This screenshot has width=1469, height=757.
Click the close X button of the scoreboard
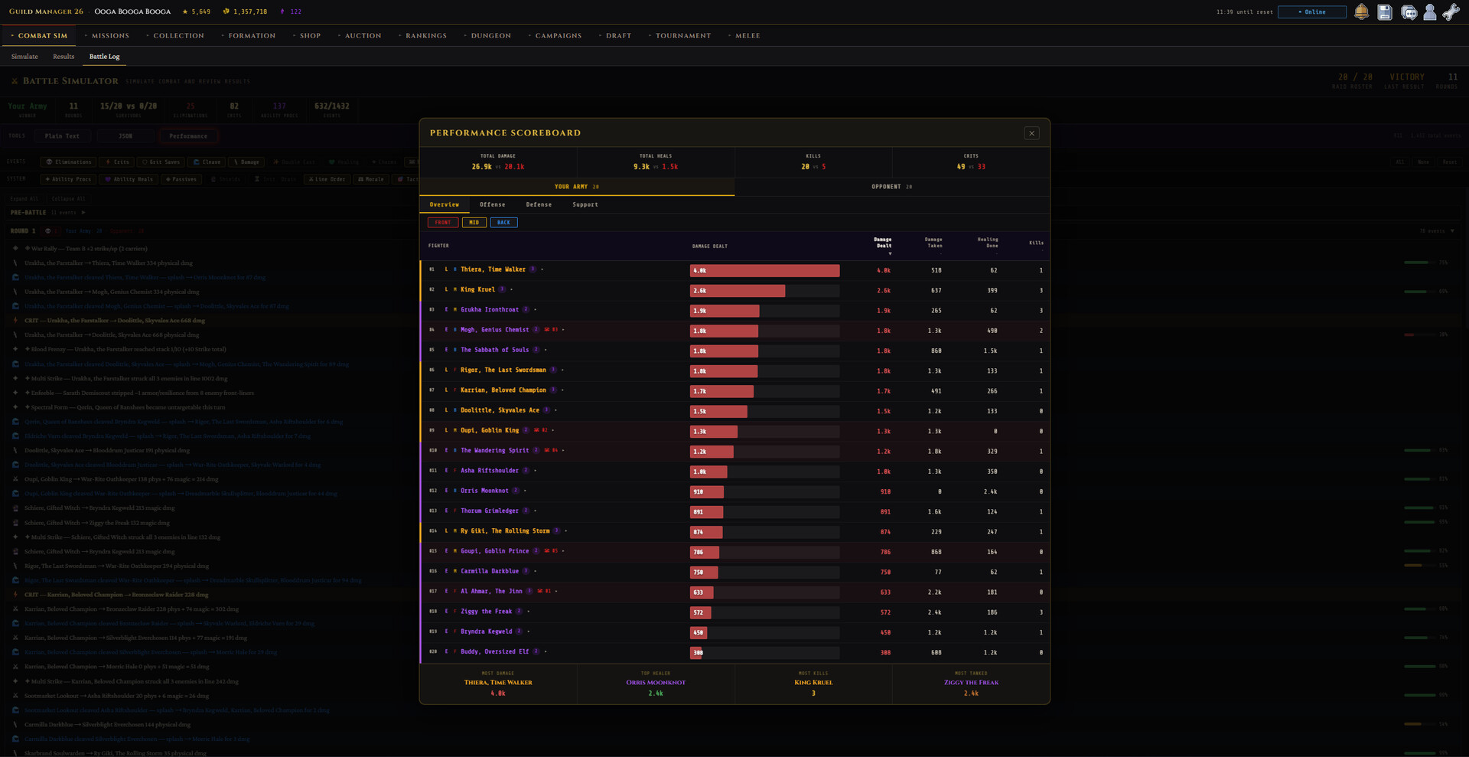tap(1031, 133)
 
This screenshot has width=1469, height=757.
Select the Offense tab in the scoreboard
tap(492, 204)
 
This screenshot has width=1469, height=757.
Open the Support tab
tap(585, 204)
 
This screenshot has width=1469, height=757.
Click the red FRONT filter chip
tap(443, 223)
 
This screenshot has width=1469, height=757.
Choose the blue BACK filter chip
tap(503, 223)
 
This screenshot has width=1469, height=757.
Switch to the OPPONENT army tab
tap(891, 187)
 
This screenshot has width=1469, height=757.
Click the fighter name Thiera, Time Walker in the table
tap(493, 269)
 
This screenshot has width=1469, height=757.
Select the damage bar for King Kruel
tap(738, 291)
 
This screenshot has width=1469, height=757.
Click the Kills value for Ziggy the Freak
tap(1041, 612)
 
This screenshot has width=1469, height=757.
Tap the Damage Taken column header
tap(933, 243)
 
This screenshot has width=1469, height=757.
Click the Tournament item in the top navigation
tap(682, 36)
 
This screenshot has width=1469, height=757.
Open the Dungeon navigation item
tap(490, 36)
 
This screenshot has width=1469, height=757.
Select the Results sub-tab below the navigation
tap(64, 57)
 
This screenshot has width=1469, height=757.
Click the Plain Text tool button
tap(62, 136)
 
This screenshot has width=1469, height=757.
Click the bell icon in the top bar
tap(1361, 12)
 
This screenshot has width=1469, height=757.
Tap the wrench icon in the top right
tap(1451, 12)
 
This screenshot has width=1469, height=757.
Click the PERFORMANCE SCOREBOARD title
tap(505, 133)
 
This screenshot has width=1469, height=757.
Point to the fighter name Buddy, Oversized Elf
tap(494, 652)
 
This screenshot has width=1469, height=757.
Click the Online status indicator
tap(1312, 12)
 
